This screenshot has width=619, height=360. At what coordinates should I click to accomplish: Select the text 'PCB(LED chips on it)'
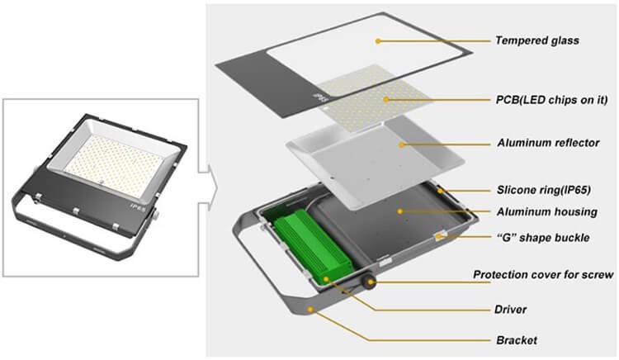(x=550, y=100)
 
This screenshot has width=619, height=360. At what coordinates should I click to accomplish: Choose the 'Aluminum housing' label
(x=544, y=211)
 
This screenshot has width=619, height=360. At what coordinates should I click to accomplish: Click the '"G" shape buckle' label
(x=544, y=239)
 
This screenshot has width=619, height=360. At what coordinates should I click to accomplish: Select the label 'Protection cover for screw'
(x=542, y=275)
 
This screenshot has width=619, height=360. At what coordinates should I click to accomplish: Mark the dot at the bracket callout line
(x=311, y=307)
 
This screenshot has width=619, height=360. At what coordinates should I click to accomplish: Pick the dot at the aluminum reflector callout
(x=402, y=144)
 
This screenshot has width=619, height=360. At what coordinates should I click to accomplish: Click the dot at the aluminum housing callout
(x=399, y=211)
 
